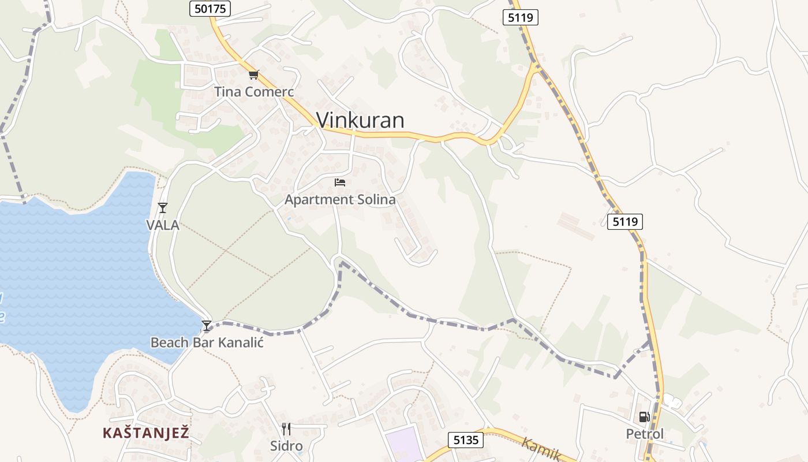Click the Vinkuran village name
tap(360, 120)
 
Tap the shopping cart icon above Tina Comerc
tap(254, 75)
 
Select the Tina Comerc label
tap(254, 91)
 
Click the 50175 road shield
tap(210, 8)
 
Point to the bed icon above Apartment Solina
tap(340, 182)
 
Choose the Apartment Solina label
tap(340, 200)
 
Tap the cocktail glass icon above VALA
tap(163, 208)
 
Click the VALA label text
tap(163, 225)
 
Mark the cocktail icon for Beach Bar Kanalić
tap(207, 326)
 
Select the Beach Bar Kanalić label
tap(207, 342)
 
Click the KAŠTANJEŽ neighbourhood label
tap(146, 433)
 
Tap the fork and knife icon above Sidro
tap(286, 429)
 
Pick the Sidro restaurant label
tap(286, 446)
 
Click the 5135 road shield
tap(466, 440)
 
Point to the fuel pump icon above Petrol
tap(644, 417)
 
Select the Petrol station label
tap(645, 434)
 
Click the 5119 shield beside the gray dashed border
tap(624, 221)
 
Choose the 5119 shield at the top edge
tap(520, 17)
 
